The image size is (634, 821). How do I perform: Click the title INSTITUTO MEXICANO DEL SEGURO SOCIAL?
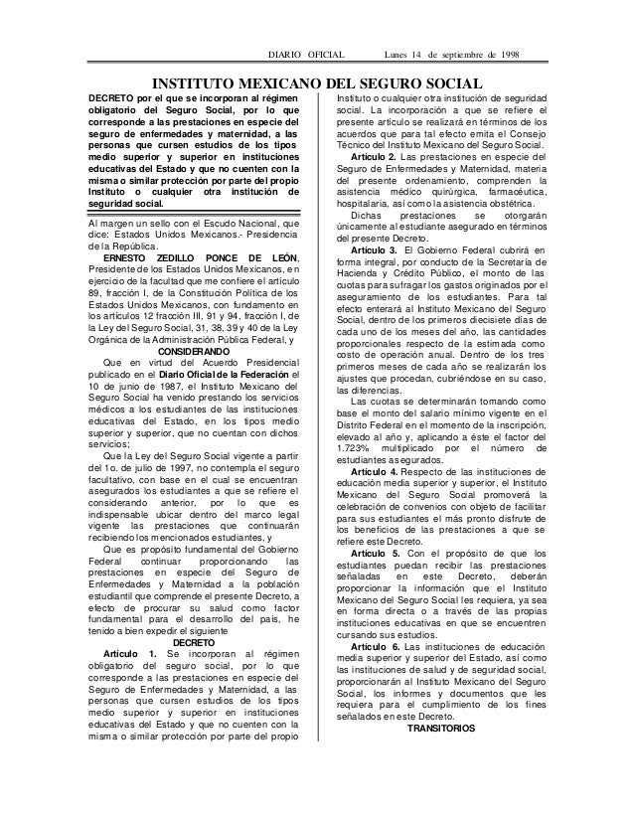[315, 82]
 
